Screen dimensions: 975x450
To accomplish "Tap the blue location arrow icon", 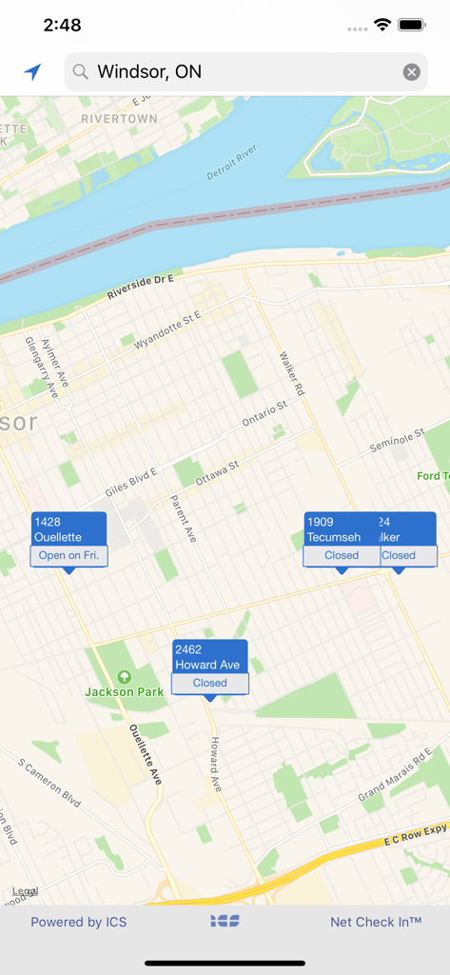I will (x=33, y=71).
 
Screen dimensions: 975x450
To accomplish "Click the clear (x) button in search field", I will (x=411, y=72).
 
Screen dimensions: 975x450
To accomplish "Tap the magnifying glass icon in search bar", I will (x=81, y=72).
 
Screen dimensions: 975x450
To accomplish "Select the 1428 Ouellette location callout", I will (x=68, y=529).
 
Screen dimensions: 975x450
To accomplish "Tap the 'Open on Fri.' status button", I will (x=68, y=556).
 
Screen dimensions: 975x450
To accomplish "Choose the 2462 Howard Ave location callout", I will (x=209, y=657).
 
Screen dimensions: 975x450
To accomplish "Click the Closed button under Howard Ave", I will (x=209, y=683).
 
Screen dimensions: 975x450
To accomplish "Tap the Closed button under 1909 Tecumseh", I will (x=342, y=556).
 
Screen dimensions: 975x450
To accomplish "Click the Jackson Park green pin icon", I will (x=124, y=677).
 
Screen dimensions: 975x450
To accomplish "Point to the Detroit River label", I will (x=232, y=163).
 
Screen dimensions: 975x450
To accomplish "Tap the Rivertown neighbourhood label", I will (x=119, y=119).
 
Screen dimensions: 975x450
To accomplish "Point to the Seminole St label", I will (x=397, y=442).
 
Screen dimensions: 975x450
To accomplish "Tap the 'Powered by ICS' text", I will (x=78, y=922).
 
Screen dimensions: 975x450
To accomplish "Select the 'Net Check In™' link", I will (x=376, y=922).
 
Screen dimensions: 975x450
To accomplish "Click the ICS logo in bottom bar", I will (x=225, y=921).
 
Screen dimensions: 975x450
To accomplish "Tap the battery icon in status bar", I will (x=412, y=25).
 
